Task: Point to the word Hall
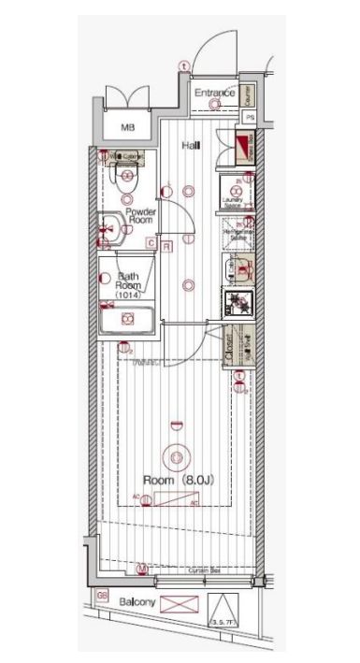tap(192, 146)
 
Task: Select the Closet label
tap(230, 348)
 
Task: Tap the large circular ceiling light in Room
tap(175, 457)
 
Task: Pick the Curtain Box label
tap(202, 569)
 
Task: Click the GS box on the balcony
tap(102, 595)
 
